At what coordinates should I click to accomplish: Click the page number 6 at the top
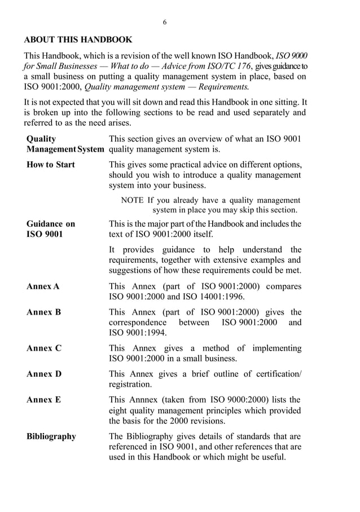click(x=165, y=22)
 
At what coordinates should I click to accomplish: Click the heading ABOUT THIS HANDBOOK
click(x=78, y=40)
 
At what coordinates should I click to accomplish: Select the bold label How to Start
click(x=50, y=165)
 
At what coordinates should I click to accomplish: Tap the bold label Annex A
click(x=43, y=286)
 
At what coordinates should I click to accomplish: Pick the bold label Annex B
click(x=43, y=312)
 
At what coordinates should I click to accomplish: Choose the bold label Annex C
click(x=43, y=348)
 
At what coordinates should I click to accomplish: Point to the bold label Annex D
click(x=43, y=374)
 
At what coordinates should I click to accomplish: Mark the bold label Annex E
click(x=43, y=400)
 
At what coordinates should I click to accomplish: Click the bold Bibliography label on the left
click(x=51, y=436)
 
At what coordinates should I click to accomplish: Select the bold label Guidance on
click(x=50, y=224)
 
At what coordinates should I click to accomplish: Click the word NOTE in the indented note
click(x=133, y=200)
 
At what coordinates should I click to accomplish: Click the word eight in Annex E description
click(x=118, y=411)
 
